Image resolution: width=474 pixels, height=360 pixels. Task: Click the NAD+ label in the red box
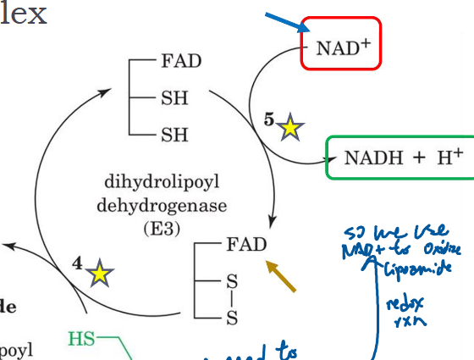(342, 47)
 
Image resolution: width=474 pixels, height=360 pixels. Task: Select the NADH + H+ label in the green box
(403, 158)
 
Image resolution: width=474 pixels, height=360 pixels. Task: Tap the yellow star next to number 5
(290, 128)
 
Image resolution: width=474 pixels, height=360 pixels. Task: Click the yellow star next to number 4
(100, 274)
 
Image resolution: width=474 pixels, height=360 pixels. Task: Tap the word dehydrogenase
(155, 205)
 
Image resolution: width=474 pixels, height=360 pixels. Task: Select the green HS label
(81, 340)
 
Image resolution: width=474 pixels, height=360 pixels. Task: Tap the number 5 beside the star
(268, 120)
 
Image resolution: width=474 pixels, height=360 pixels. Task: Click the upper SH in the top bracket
(174, 97)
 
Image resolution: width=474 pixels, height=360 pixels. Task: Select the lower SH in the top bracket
(174, 134)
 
